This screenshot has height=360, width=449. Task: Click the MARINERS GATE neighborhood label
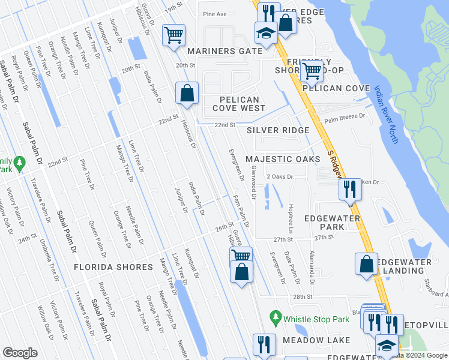tap(224, 51)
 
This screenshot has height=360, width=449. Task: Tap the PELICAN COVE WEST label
tap(239, 104)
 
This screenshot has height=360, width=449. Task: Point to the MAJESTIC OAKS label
tap(282, 159)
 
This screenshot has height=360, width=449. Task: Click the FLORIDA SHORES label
tap(113, 267)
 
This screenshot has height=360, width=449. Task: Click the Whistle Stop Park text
tap(316, 319)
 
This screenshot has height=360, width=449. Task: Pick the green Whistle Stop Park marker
tap(276, 316)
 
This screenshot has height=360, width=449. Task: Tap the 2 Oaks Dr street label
tap(280, 177)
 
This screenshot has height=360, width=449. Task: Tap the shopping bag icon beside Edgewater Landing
tap(366, 264)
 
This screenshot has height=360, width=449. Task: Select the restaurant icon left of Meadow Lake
tap(264, 344)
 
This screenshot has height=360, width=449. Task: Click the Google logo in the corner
tap(20, 353)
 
